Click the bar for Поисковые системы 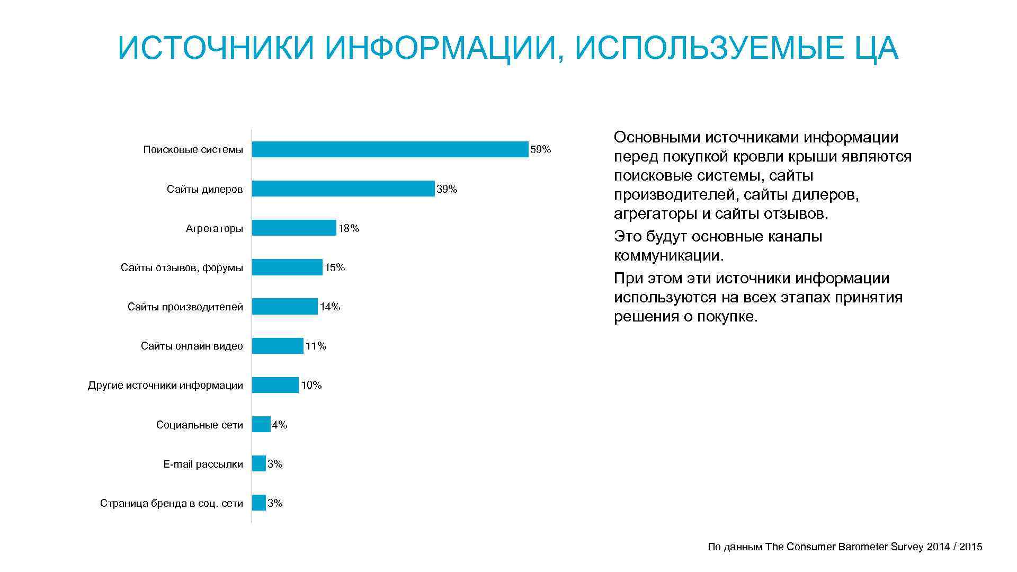390,149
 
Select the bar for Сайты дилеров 343,189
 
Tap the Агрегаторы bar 293,228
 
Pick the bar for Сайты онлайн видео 277,346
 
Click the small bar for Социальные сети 261,424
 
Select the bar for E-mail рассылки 258,463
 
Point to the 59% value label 540,150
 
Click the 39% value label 447,189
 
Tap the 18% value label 349,228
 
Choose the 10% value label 311,385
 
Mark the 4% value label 279,425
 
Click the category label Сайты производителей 185,307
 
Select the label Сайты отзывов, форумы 182,268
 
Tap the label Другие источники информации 165,386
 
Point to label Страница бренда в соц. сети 171,504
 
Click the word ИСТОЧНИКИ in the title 217,49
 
